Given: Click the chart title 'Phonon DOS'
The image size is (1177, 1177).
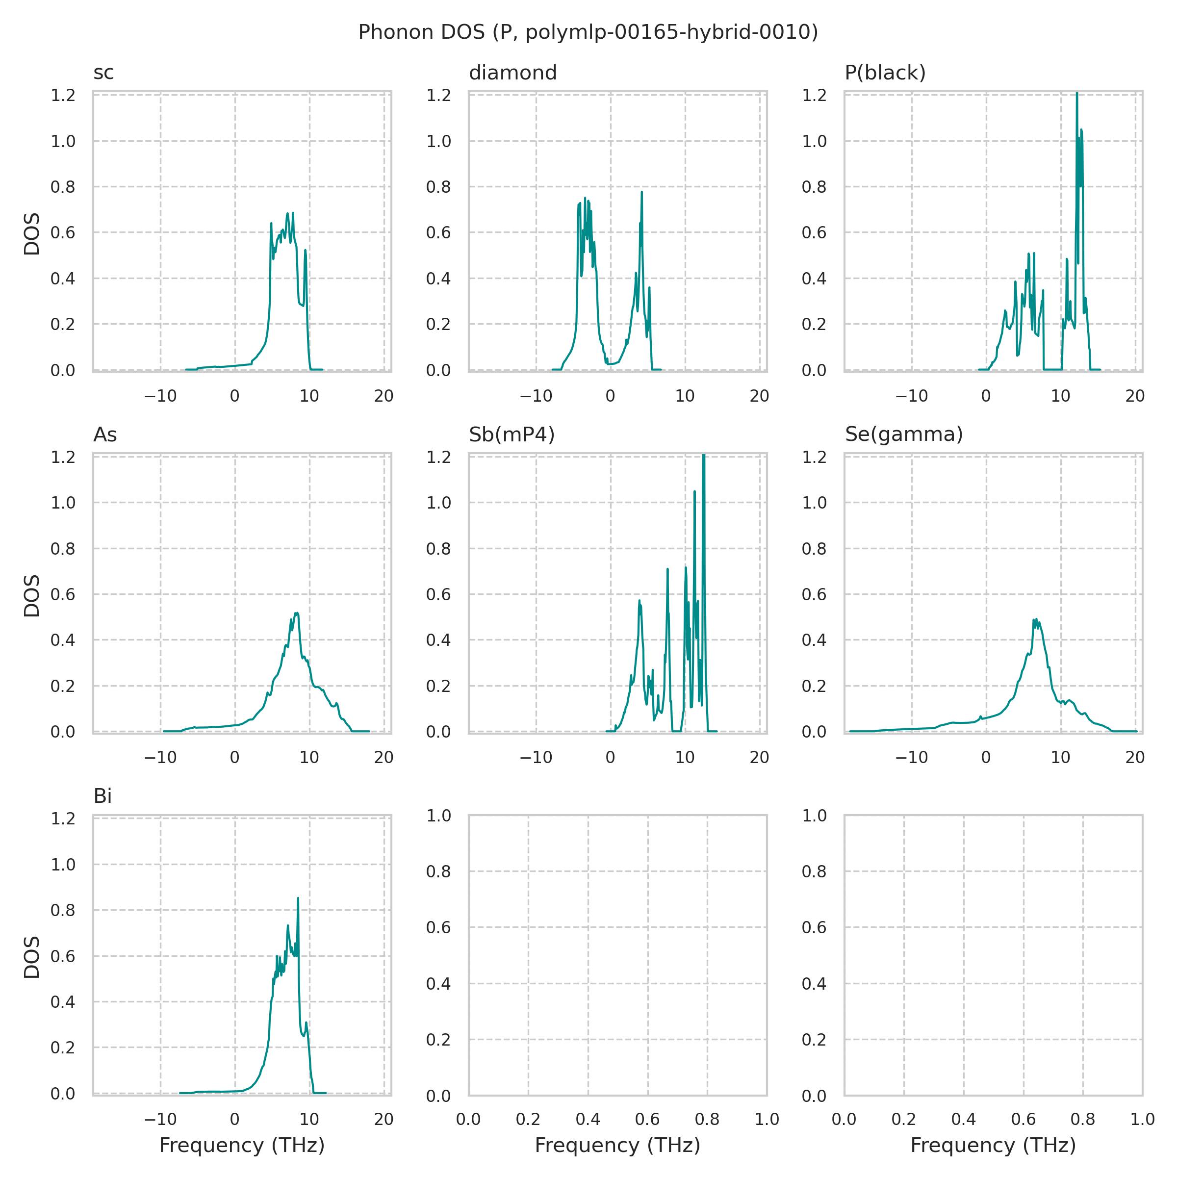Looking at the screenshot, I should click(588, 32).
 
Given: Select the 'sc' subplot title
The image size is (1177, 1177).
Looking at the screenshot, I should click(103, 73).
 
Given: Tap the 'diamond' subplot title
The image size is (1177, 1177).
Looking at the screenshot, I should click(512, 73).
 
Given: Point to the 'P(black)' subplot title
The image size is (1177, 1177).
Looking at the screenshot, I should click(885, 73).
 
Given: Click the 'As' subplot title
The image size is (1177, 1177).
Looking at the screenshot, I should click(105, 435).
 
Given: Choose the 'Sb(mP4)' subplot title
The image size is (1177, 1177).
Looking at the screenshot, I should click(512, 435).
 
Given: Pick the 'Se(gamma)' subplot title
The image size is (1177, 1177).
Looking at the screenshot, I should click(904, 435).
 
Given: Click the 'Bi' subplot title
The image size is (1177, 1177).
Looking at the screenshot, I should click(102, 797).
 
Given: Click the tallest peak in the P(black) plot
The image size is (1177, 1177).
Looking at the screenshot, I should click(1076, 94).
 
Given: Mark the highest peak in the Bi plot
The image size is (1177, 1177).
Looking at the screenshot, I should click(298, 898).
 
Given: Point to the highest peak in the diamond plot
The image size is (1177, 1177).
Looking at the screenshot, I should click(641, 193).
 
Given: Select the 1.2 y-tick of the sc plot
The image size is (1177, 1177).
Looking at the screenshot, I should click(63, 96).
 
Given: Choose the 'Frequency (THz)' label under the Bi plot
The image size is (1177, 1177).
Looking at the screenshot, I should click(242, 1145).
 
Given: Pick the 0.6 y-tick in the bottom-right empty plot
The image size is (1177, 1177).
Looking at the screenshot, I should click(814, 928).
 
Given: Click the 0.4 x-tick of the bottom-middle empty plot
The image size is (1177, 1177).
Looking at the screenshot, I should click(588, 1119).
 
